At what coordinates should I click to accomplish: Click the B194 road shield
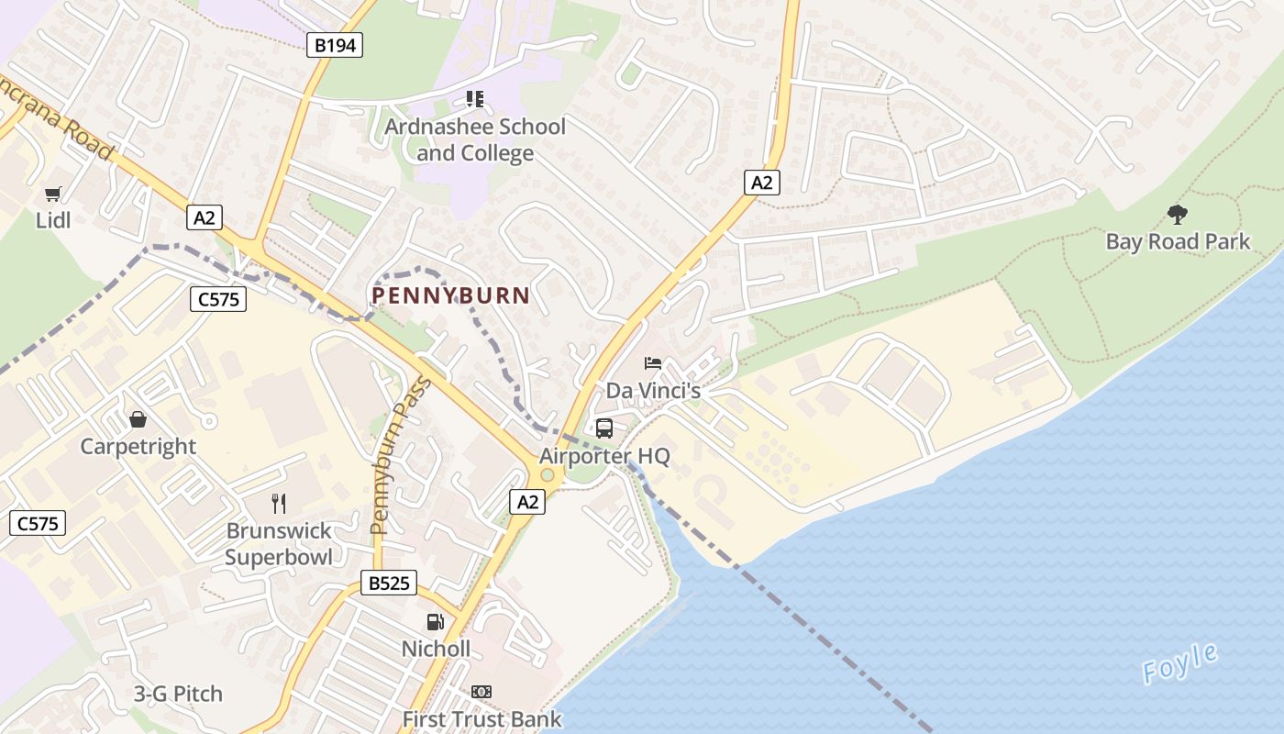click(x=335, y=44)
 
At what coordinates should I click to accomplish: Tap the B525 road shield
click(x=389, y=582)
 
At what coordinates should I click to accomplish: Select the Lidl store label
click(x=53, y=220)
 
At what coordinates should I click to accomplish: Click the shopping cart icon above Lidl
click(x=53, y=194)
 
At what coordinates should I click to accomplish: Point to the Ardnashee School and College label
click(x=475, y=139)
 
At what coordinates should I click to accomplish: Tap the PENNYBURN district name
click(x=450, y=295)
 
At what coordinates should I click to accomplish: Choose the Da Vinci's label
click(x=653, y=391)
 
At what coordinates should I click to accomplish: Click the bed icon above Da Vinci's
click(x=653, y=364)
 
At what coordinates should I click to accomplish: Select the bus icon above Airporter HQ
click(x=604, y=428)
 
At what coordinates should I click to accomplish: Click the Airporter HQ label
click(x=604, y=456)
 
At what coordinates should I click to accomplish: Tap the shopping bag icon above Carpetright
click(x=138, y=419)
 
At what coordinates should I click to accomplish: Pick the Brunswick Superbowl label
click(x=279, y=543)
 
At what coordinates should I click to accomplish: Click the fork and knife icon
click(x=279, y=503)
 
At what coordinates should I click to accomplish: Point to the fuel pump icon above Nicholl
click(x=436, y=621)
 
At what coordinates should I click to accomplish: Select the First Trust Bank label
click(x=481, y=719)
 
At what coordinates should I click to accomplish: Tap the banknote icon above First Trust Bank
click(x=481, y=692)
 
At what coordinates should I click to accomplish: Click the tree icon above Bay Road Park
click(x=1178, y=215)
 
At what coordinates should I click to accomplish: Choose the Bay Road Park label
click(x=1178, y=242)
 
